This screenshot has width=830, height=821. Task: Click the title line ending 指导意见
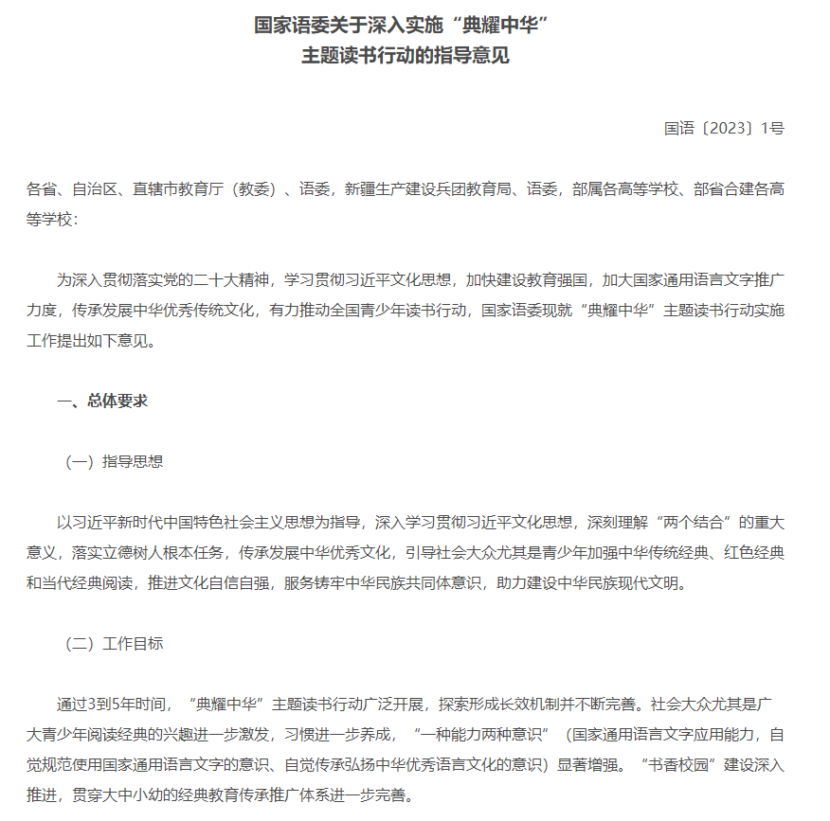(406, 56)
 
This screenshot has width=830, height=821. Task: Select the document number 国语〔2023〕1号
(724, 129)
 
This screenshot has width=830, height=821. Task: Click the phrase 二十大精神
(231, 280)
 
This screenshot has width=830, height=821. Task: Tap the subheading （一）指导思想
(113, 461)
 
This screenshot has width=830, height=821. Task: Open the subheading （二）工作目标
(113, 643)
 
